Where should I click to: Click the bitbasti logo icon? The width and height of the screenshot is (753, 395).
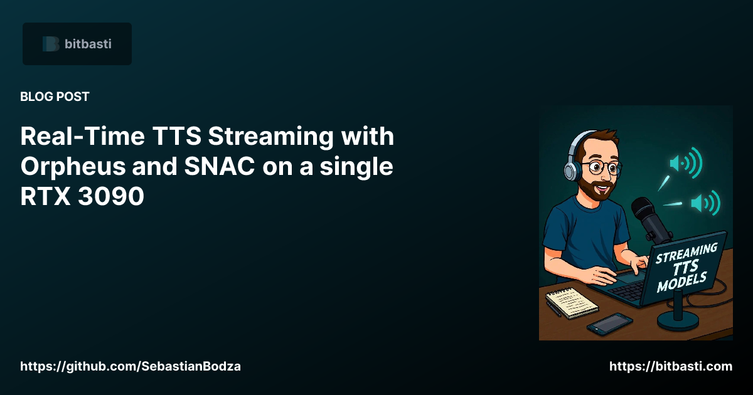pyautogui.click(x=51, y=44)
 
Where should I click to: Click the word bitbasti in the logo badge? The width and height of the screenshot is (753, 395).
pyautogui.click(x=88, y=44)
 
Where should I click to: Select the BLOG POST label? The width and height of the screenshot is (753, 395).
pyautogui.click(x=55, y=97)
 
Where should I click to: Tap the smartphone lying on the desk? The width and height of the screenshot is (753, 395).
pyautogui.click(x=609, y=324)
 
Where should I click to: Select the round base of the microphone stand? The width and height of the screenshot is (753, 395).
pyautogui.click(x=678, y=319)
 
